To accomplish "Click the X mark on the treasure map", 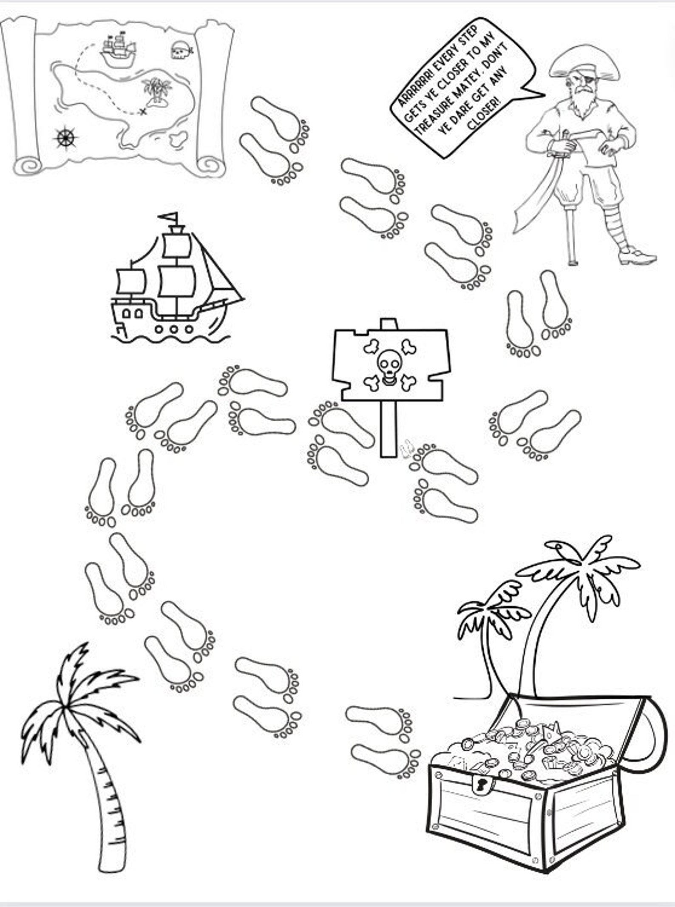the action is click(143, 111).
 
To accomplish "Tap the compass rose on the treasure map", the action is click(65, 137).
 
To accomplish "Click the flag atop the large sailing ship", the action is click(169, 216).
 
